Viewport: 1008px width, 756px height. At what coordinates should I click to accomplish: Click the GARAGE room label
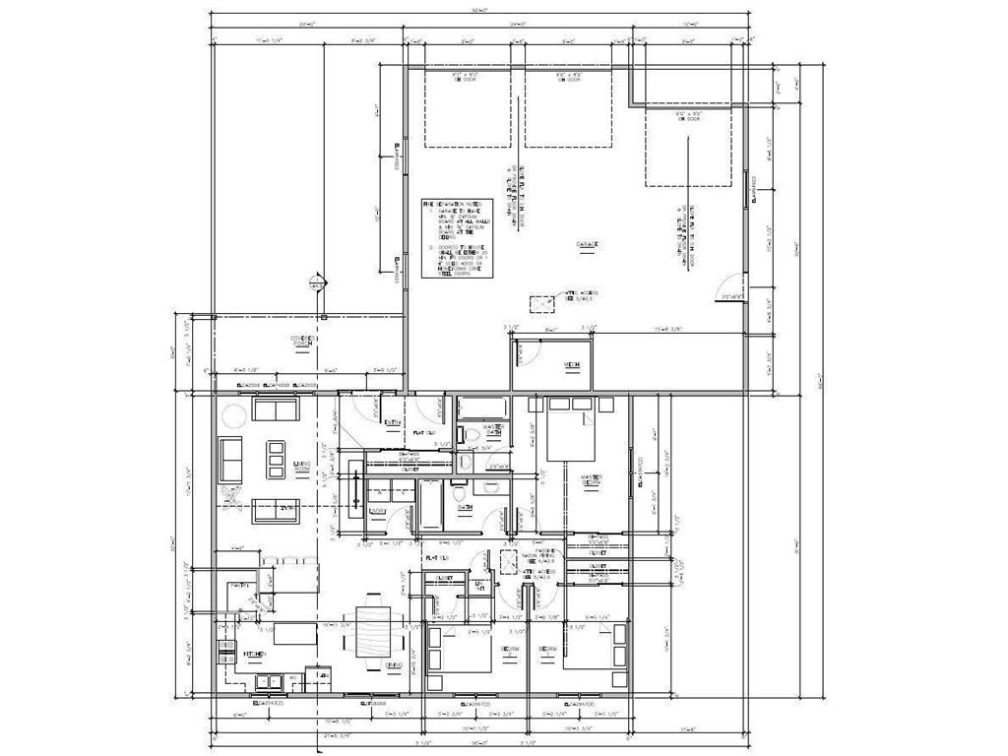[590, 244]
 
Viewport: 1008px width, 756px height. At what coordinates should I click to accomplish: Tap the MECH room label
[571, 365]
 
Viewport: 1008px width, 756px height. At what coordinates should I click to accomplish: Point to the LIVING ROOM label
[303, 466]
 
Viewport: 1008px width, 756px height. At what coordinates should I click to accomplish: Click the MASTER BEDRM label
[592, 480]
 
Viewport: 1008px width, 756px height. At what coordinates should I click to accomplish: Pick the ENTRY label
[392, 423]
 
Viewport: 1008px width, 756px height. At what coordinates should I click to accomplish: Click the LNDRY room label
[377, 511]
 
